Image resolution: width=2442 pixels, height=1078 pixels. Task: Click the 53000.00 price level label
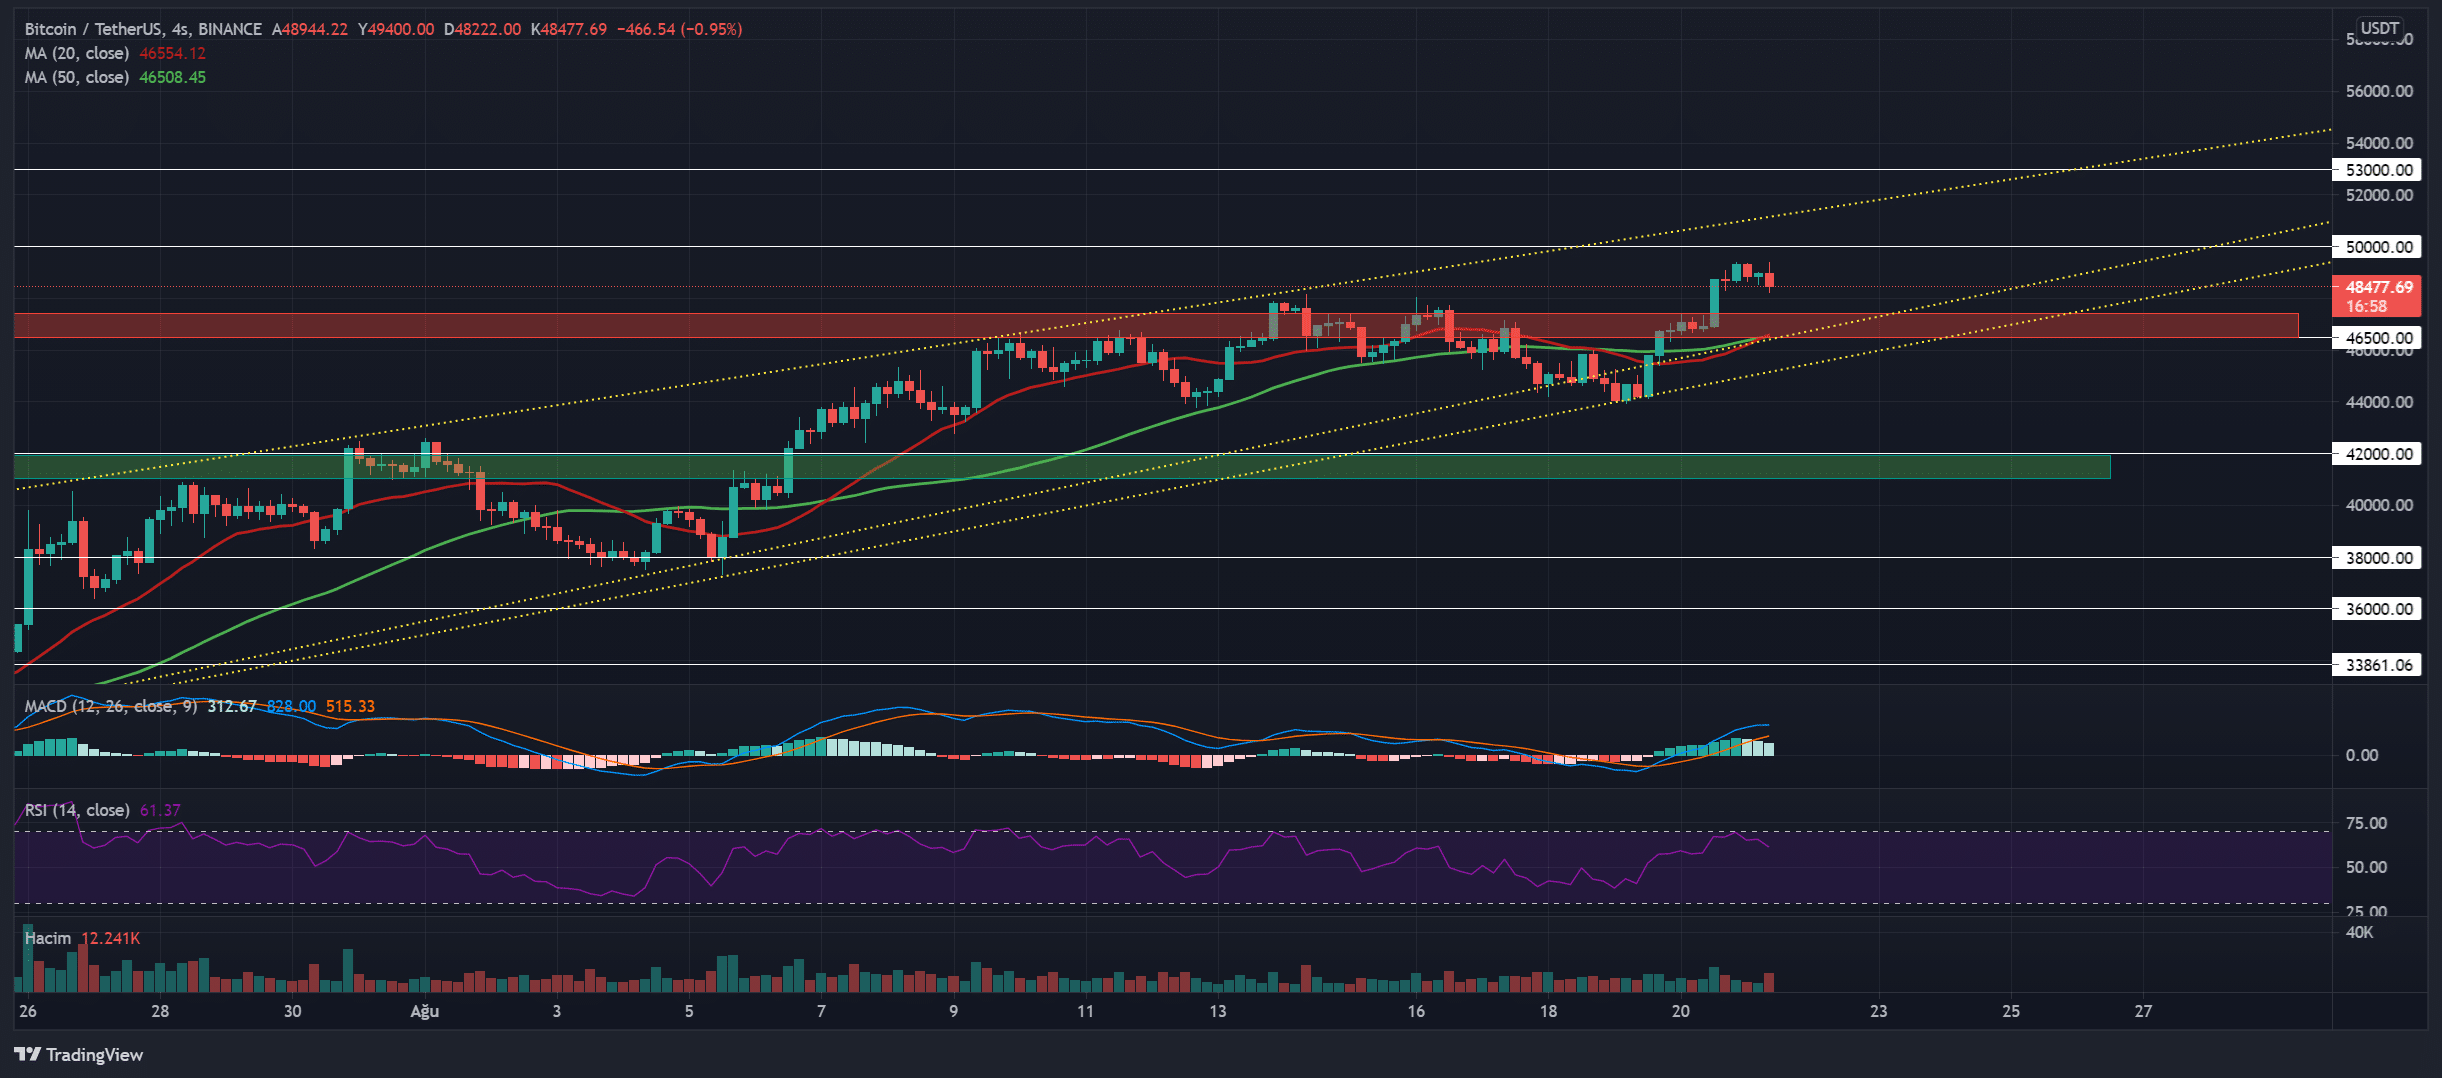tap(2377, 170)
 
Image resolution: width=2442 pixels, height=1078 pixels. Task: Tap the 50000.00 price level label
tap(2377, 247)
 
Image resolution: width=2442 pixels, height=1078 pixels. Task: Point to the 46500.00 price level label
tap(2377, 338)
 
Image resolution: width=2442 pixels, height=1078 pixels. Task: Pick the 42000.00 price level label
tap(2377, 454)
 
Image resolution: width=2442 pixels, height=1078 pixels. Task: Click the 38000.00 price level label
tap(2377, 558)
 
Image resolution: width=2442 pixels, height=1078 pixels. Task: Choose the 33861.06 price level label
tap(2377, 665)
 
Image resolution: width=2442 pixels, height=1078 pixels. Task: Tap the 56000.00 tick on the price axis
tap(2379, 91)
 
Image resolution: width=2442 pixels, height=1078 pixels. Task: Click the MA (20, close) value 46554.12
tap(172, 54)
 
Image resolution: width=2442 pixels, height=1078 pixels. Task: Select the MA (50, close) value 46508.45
tap(172, 78)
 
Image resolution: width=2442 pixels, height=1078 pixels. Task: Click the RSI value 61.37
tap(160, 810)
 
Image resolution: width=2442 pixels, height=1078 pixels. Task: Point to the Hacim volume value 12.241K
tap(110, 938)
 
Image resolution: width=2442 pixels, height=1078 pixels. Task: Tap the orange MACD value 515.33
tap(350, 706)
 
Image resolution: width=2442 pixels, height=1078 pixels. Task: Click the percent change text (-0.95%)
tap(711, 30)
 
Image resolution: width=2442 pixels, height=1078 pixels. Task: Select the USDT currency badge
tap(2380, 28)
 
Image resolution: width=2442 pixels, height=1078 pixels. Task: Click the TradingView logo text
tap(94, 1055)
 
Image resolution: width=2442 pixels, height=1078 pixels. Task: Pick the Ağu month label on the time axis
tap(425, 1011)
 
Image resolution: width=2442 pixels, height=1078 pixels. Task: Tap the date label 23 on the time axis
tap(1879, 1011)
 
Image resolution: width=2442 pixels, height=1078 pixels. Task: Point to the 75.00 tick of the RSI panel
tap(2366, 823)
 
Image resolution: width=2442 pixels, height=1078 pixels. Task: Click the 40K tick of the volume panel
tap(2359, 932)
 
